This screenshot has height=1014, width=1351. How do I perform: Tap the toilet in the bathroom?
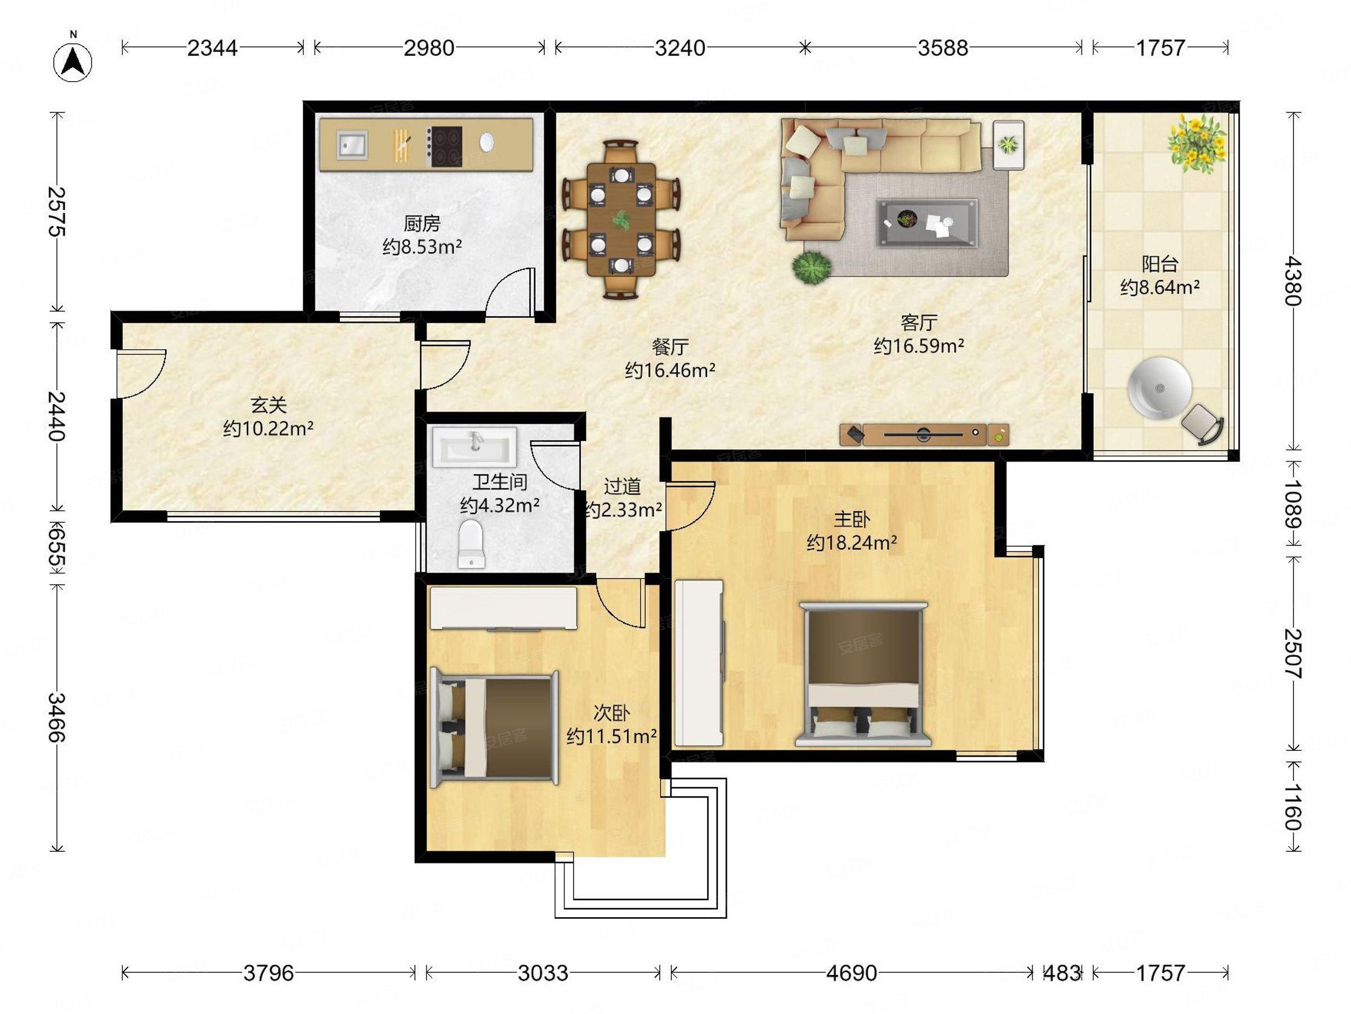point(471,544)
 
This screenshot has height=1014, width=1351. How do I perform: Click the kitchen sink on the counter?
point(351,145)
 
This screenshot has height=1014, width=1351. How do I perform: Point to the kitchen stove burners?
point(445,146)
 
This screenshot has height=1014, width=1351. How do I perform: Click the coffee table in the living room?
point(927,223)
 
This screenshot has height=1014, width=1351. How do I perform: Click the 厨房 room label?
point(422,224)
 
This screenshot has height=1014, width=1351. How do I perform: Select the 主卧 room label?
point(851,519)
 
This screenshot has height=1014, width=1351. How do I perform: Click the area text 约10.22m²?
point(268,429)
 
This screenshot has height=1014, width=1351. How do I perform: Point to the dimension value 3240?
point(680,48)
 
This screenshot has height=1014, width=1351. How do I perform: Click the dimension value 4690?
point(851,972)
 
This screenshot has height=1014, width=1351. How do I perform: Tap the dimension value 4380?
point(1293,281)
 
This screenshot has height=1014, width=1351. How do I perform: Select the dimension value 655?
point(57,548)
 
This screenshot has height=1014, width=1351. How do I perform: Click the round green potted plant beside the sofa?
point(812,268)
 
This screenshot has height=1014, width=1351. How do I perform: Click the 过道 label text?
point(622,487)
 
